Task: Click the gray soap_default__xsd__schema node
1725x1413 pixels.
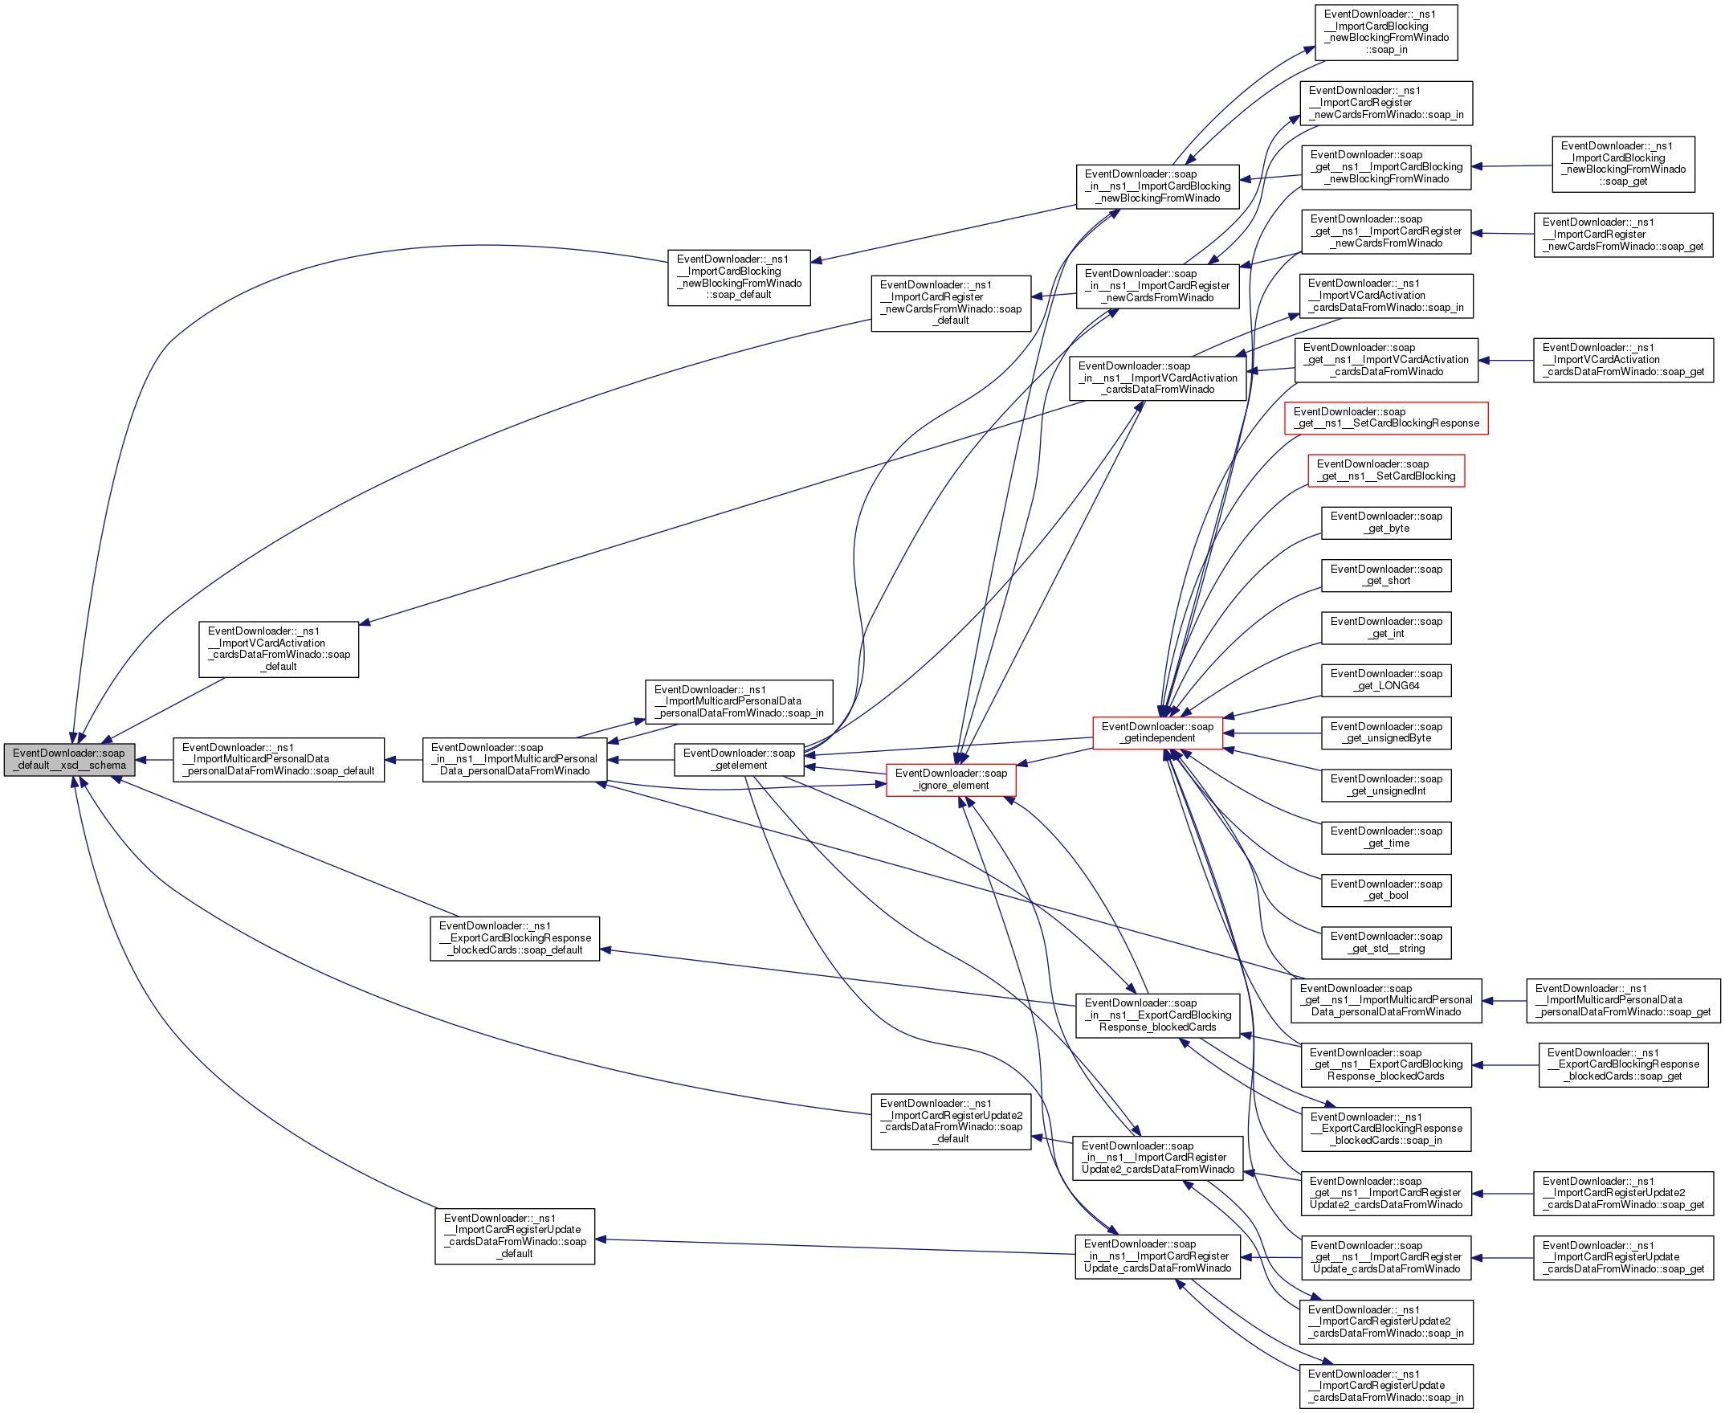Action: [69, 759]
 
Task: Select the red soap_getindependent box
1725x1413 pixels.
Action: [1157, 733]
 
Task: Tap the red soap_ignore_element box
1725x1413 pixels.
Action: [950, 780]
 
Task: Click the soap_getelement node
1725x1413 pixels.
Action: [739, 759]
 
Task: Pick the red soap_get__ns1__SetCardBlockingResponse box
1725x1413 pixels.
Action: [1385, 418]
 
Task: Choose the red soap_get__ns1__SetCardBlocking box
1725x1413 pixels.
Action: [1385, 471]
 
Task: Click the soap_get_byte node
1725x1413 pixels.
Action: [1385, 523]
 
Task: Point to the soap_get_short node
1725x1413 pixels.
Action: [1385, 575]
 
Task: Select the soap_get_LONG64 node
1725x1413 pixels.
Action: [1385, 680]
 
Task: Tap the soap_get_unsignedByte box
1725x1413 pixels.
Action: [1385, 733]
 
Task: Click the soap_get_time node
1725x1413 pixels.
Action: [1385, 838]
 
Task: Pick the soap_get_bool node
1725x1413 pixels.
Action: [1385, 890]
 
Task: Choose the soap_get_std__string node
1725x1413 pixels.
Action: [1385, 942]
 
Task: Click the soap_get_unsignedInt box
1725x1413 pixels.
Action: [1385, 785]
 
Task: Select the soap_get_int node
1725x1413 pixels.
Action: [1385, 627]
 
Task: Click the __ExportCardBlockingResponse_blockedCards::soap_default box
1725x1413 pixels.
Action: [514, 938]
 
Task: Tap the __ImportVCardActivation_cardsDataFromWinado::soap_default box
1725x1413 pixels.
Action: [279, 649]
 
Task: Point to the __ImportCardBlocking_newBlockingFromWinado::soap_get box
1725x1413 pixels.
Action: [1622, 165]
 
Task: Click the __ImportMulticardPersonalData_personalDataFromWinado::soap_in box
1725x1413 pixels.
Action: [739, 701]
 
